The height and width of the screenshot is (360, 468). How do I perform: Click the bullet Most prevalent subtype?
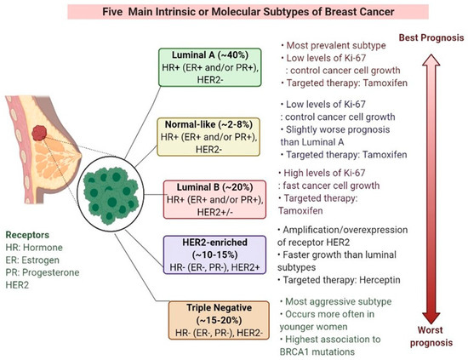click(310, 41)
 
